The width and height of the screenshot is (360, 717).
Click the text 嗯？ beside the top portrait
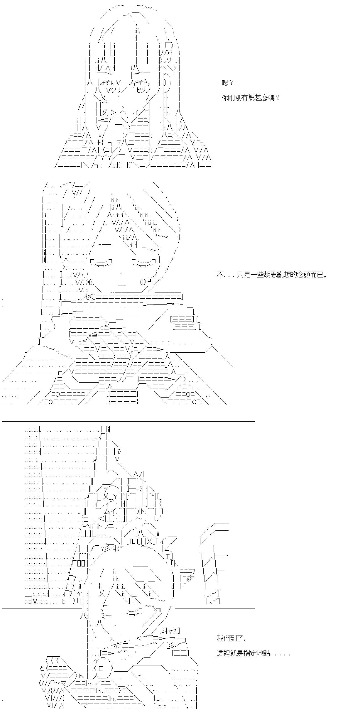(227, 83)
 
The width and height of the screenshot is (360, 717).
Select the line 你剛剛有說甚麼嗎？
(251, 98)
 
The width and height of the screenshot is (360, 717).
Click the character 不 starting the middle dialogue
(220, 275)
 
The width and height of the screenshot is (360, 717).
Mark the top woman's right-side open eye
(142, 83)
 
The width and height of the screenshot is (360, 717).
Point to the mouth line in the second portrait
(122, 285)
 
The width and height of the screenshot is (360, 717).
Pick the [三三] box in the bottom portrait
(181, 653)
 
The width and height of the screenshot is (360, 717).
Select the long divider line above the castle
(128, 421)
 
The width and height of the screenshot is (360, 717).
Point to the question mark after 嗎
(277, 98)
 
